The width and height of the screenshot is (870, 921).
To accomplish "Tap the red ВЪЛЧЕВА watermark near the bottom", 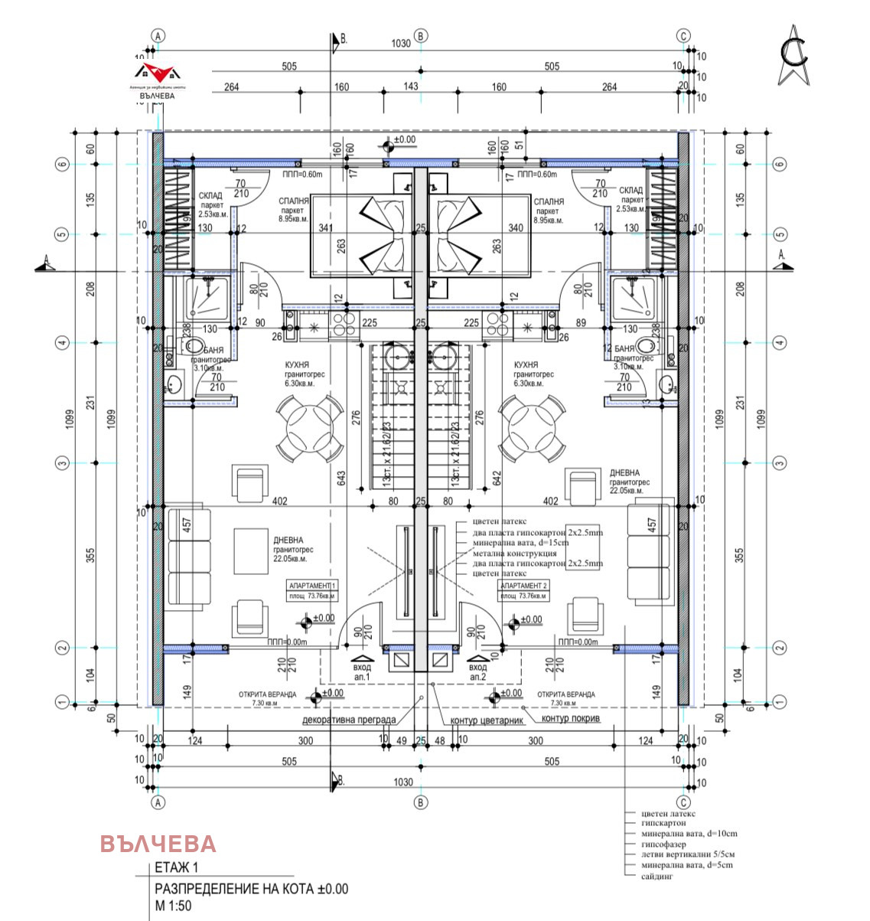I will [x=158, y=844].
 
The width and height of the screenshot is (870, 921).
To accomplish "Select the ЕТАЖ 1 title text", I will [x=176, y=867].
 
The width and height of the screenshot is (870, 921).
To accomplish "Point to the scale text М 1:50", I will [x=173, y=906].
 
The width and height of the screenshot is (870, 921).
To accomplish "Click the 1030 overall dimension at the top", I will [x=401, y=44].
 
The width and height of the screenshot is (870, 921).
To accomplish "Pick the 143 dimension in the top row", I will [x=411, y=86].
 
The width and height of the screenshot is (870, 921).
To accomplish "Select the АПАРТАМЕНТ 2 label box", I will [x=523, y=585].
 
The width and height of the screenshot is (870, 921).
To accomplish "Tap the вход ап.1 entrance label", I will [x=362, y=672].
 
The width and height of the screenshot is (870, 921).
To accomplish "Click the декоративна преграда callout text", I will [x=349, y=720].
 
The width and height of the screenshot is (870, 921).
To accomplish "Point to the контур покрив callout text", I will [x=571, y=719].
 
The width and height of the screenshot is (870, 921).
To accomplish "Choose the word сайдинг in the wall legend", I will [x=657, y=876].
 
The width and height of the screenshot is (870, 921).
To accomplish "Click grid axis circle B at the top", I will [x=420, y=36].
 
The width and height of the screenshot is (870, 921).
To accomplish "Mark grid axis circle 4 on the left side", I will [x=63, y=342].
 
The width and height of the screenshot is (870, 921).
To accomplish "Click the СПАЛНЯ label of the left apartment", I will [x=294, y=202].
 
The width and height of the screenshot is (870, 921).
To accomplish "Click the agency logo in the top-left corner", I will [x=157, y=78].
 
